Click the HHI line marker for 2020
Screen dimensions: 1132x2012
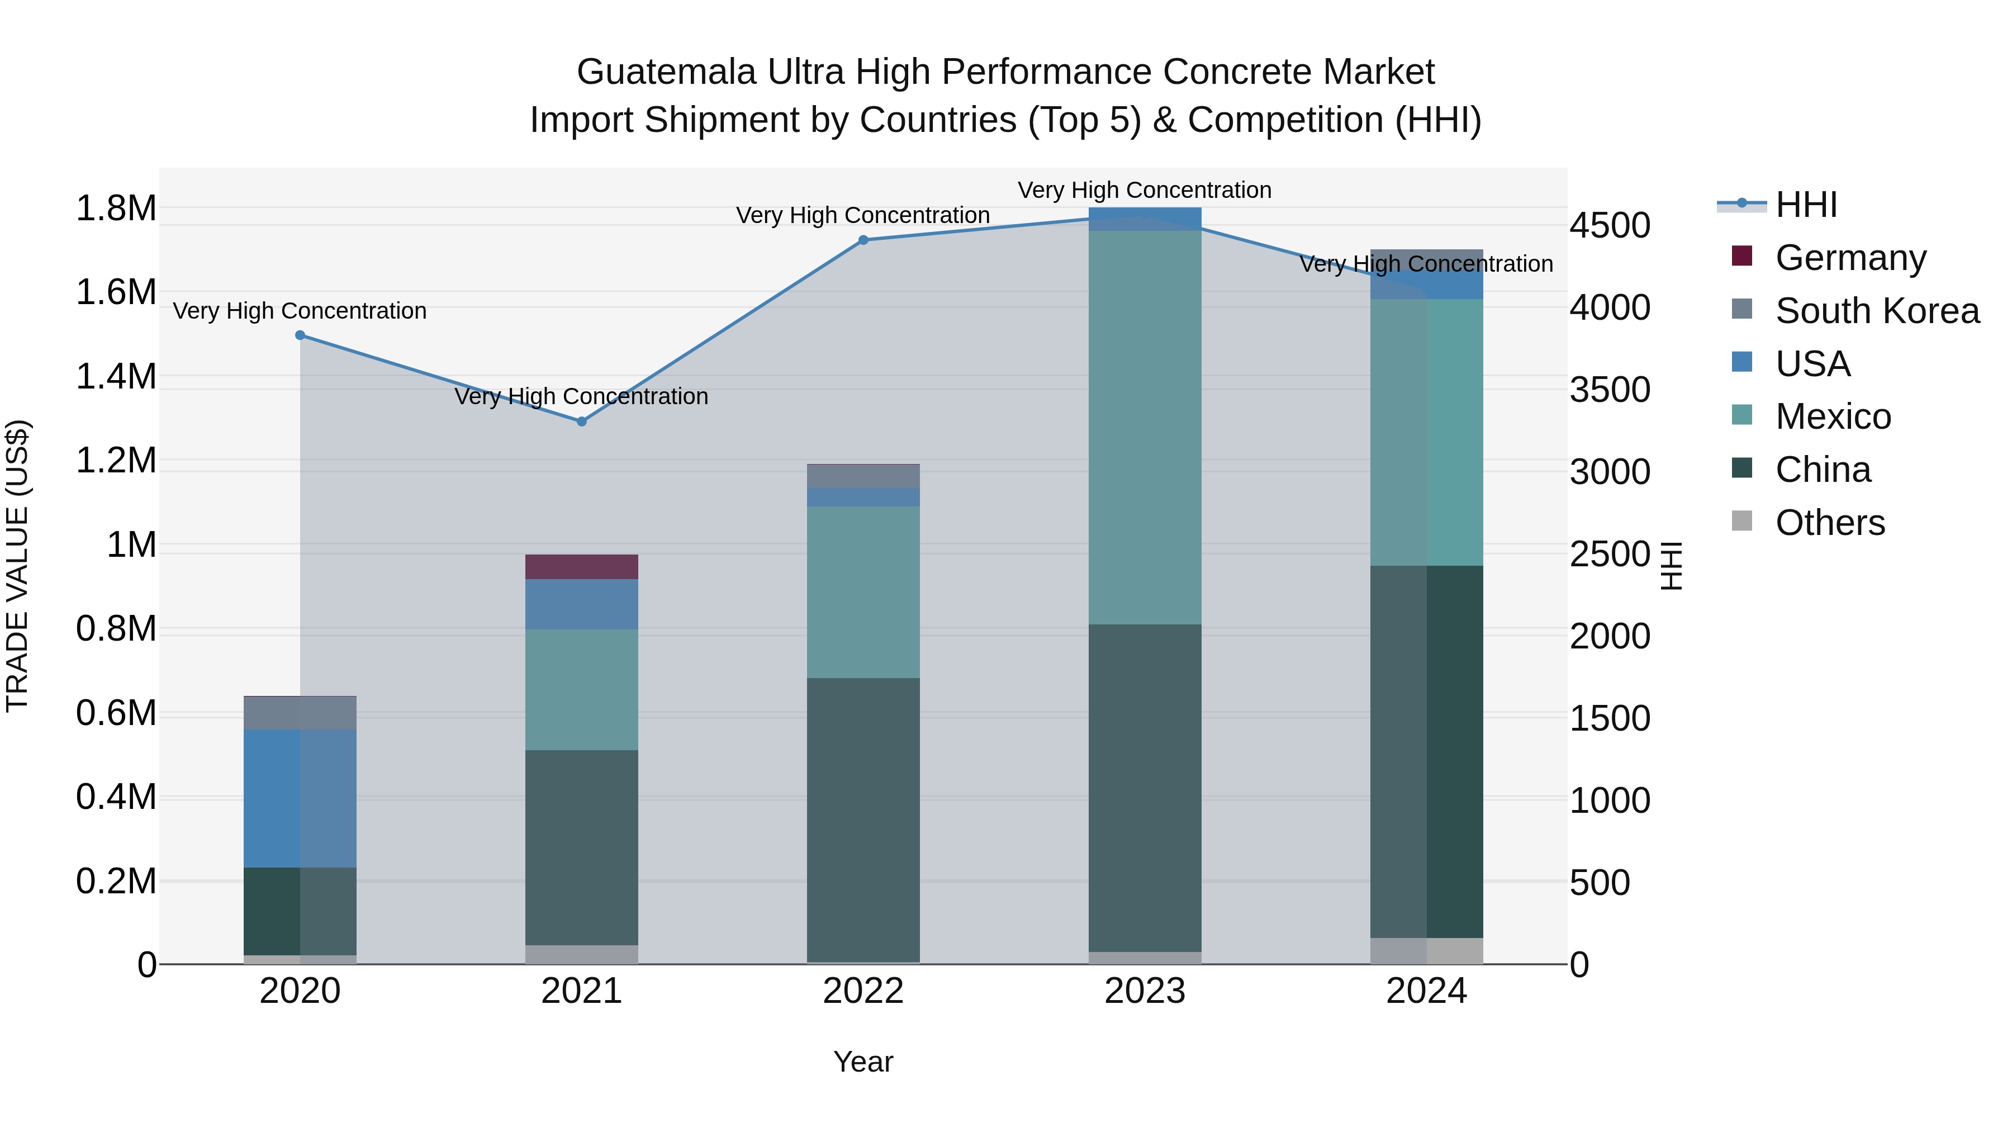click(x=300, y=335)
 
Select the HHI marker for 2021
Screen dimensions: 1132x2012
click(x=581, y=422)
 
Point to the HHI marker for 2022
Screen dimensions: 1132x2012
click(x=863, y=240)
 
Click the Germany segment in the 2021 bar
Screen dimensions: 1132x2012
click(x=581, y=566)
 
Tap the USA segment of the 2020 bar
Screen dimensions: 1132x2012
click(x=300, y=798)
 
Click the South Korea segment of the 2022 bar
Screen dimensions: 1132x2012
click(x=863, y=476)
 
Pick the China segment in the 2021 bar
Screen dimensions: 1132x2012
click(x=581, y=847)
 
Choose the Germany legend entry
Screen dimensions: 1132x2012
click(x=1849, y=258)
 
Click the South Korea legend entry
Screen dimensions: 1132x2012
click(x=1876, y=311)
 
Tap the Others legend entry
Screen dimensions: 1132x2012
click(x=1829, y=523)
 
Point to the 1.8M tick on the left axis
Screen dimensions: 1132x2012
click(x=116, y=209)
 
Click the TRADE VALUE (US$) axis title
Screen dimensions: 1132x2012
click(x=17, y=566)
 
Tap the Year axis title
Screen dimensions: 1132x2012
click(x=863, y=1062)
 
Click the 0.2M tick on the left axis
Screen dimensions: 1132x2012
click(x=116, y=881)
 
